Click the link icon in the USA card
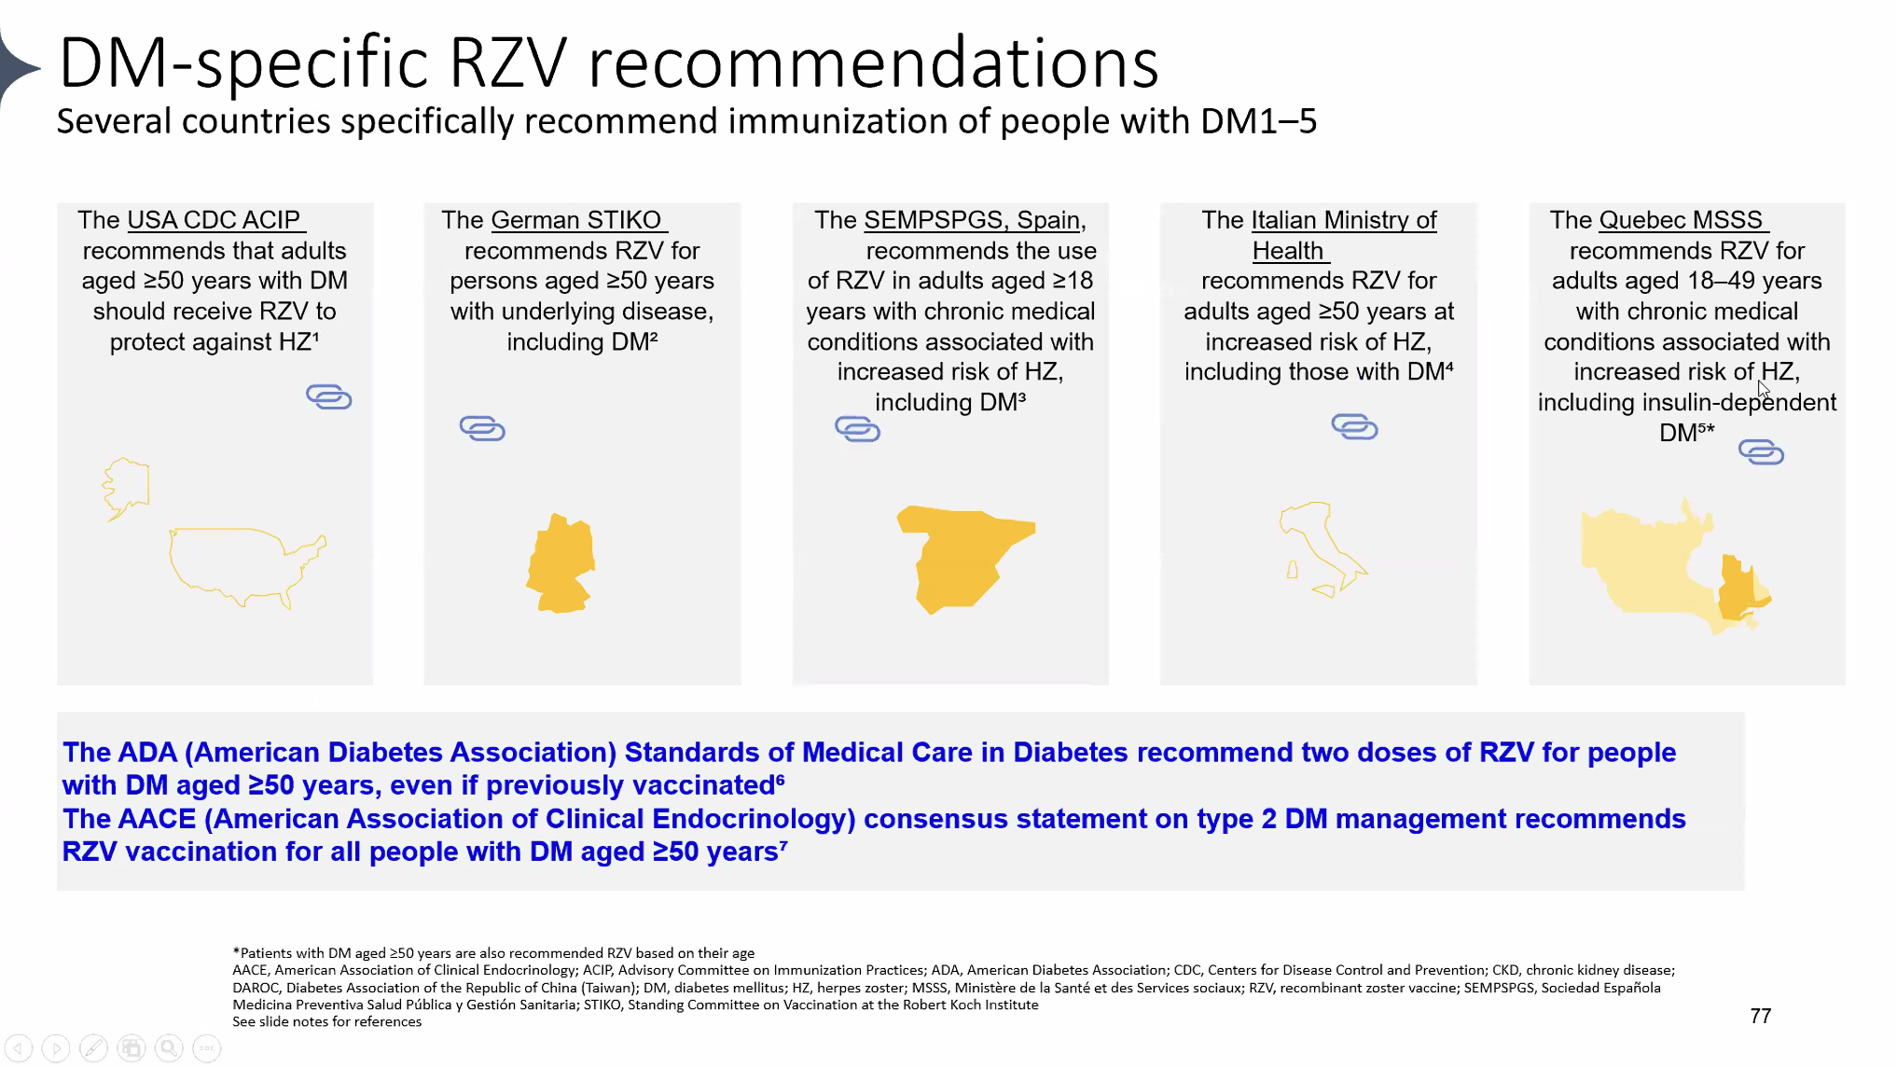tap(329, 396)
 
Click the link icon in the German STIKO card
tap(482, 428)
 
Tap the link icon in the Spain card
tap(857, 428)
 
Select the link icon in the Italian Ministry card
tap(1354, 426)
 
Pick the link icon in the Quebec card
tap(1761, 452)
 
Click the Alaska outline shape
tap(125, 488)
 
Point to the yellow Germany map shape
tap(561, 563)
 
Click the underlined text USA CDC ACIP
tap(214, 220)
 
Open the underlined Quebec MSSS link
tap(1681, 220)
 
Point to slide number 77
tap(1761, 1016)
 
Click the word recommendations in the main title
tap(873, 63)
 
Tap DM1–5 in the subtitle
tap(1259, 121)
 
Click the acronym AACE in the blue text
tap(130, 819)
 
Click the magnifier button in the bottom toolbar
tap(169, 1048)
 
